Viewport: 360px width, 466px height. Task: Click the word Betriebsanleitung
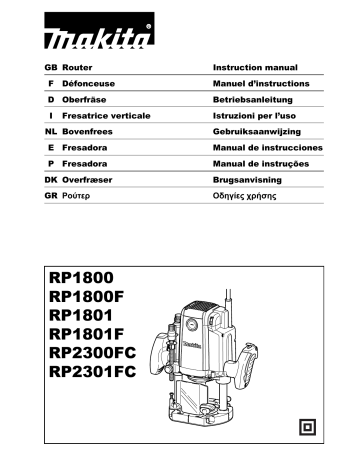(257, 98)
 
